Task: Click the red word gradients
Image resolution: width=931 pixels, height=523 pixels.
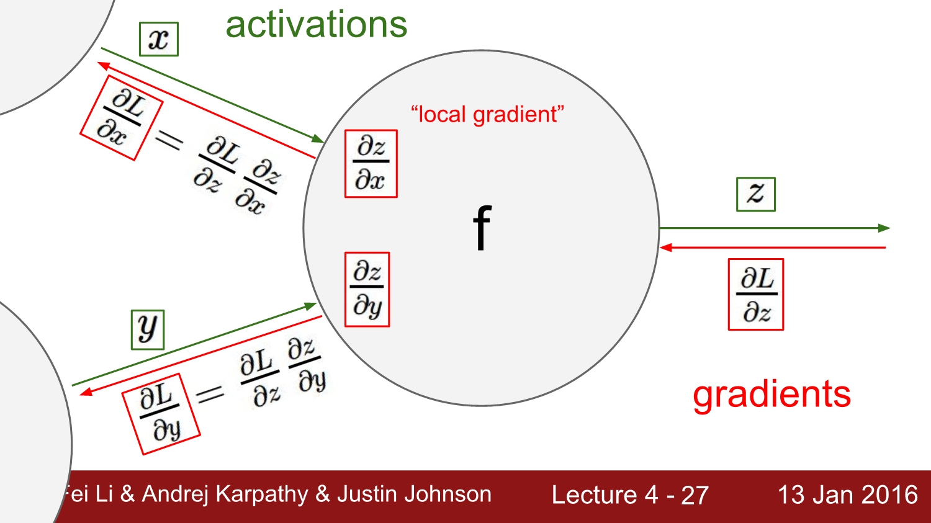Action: [x=771, y=395]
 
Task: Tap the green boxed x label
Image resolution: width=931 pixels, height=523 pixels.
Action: [x=159, y=39]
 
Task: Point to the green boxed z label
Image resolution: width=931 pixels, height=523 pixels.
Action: [x=755, y=194]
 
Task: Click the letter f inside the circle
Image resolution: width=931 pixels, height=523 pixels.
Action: [x=482, y=228]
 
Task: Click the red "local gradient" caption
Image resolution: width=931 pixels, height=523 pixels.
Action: [x=487, y=115]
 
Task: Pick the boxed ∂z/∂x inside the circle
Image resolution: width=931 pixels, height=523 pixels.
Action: [x=371, y=164]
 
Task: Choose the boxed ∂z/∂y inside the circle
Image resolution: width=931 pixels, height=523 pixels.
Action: [x=367, y=289]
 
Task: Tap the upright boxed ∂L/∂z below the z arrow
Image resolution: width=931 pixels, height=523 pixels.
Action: [x=755, y=295]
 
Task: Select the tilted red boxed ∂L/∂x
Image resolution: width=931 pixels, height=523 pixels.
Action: [x=121, y=118]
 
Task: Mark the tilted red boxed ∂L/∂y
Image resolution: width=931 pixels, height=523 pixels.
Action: [x=161, y=413]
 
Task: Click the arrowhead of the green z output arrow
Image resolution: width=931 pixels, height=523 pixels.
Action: [x=884, y=228]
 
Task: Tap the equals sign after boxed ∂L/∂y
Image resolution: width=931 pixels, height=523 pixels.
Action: [x=210, y=393]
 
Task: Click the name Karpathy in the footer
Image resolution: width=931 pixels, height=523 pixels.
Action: [x=261, y=494]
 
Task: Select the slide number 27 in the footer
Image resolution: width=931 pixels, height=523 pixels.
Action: [x=695, y=495]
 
